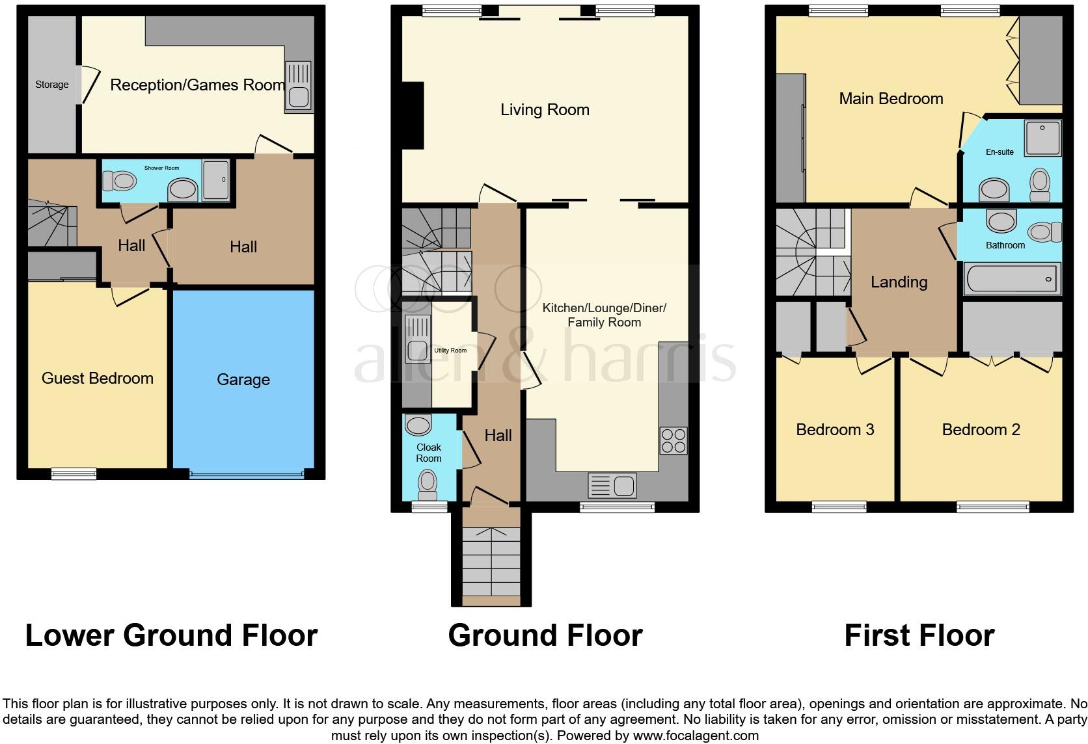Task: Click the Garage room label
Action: pyautogui.click(x=243, y=380)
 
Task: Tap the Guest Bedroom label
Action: pyautogui.click(x=98, y=379)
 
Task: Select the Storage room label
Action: pyautogui.click(x=52, y=85)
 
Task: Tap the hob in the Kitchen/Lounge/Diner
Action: pyautogui.click(x=673, y=440)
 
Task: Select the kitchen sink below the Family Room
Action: pyautogui.click(x=612, y=485)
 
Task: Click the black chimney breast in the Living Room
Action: pyautogui.click(x=413, y=116)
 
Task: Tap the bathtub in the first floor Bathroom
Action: pyautogui.click(x=1013, y=279)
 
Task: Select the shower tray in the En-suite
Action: pyautogui.click(x=1042, y=138)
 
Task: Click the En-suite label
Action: pyautogui.click(x=1000, y=152)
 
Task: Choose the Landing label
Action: pyautogui.click(x=899, y=282)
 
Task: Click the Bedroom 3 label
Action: pyautogui.click(x=835, y=430)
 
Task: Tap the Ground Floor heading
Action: pyautogui.click(x=545, y=635)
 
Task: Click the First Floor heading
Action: pyautogui.click(x=919, y=635)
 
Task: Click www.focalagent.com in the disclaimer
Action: pyautogui.click(x=695, y=736)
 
